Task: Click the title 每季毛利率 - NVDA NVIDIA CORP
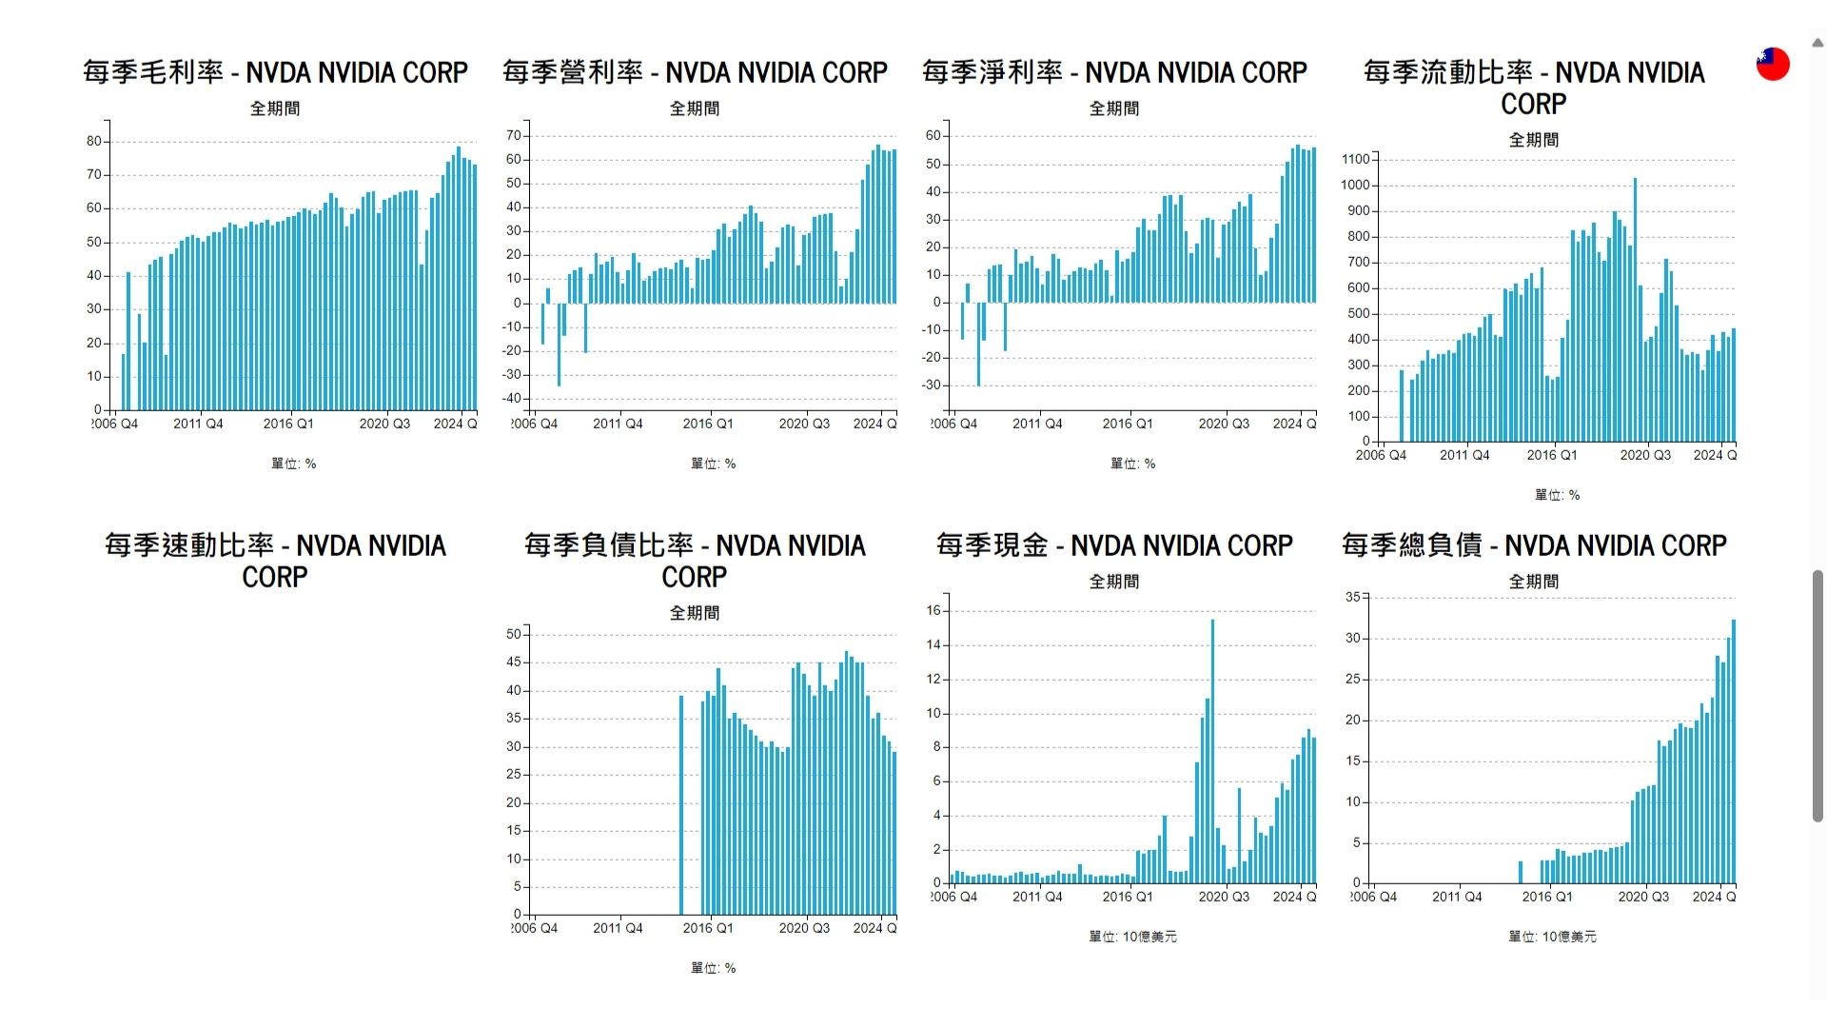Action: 275,72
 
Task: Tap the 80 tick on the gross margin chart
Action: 93,141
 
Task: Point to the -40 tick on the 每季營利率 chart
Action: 513,399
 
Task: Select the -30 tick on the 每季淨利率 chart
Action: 933,385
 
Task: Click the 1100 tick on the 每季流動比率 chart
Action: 1355,159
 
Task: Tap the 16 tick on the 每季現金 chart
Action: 933,611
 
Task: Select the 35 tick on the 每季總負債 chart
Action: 1352,597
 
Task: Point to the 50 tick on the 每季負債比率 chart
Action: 514,634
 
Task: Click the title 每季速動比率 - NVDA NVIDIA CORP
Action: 275,561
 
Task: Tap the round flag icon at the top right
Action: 1773,64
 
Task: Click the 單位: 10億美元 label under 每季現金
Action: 1132,937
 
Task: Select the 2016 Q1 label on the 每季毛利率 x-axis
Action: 287,424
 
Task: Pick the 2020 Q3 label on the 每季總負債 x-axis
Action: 1643,897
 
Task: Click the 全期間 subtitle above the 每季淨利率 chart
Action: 1113,109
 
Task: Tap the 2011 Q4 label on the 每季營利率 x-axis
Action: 618,424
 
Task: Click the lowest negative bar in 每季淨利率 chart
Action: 978,344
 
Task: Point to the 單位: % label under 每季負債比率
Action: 713,968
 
